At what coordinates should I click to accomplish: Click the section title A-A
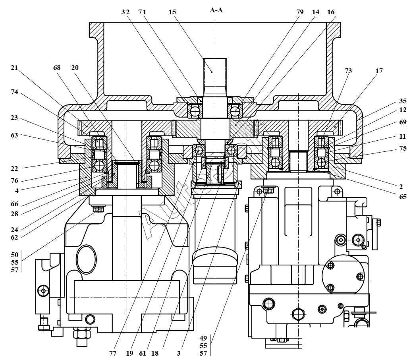[x=216, y=10]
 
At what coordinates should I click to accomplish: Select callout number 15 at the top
[x=172, y=12]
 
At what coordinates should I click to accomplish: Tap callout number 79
[x=299, y=12]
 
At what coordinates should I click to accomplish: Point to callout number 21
[x=15, y=68]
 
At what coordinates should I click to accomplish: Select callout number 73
[x=348, y=71]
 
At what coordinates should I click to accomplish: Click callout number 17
[x=379, y=71]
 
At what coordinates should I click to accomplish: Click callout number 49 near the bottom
[x=204, y=338]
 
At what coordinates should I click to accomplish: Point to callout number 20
[x=75, y=68]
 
